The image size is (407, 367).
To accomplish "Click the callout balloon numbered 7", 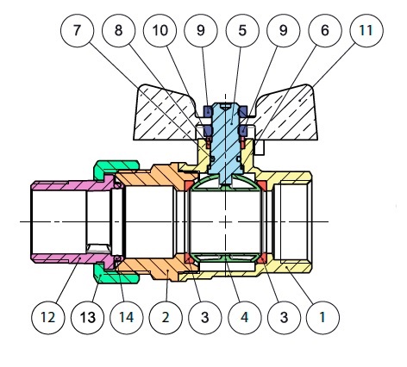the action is (x=77, y=31).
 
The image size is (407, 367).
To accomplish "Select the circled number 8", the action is (x=118, y=31).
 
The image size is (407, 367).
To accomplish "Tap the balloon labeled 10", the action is (x=160, y=31).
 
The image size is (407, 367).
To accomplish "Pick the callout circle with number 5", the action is (x=242, y=31).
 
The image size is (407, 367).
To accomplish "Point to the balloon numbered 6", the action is (x=325, y=31).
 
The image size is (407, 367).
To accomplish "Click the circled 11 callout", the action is (x=366, y=31).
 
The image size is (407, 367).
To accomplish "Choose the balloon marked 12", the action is (x=48, y=318).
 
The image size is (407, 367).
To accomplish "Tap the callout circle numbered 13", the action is (x=87, y=318).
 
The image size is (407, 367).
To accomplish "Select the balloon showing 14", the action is (x=127, y=318).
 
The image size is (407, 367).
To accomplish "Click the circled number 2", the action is (x=166, y=318).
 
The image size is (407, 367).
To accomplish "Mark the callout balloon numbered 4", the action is (x=244, y=318).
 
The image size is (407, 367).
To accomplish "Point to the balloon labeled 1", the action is (x=322, y=318).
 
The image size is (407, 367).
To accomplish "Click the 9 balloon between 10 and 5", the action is (x=201, y=31).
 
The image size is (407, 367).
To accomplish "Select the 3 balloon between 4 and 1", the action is (x=284, y=318).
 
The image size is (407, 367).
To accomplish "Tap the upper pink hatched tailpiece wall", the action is (x=72, y=185).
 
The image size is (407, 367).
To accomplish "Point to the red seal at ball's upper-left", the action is (x=189, y=185).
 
